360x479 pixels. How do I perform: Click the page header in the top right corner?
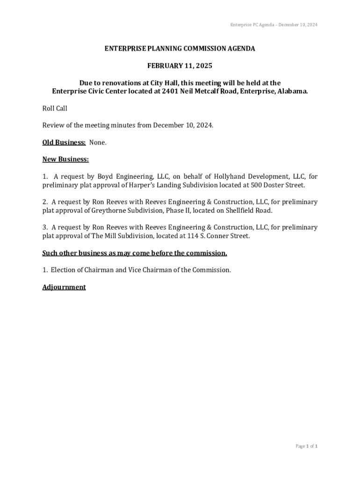pyautogui.click(x=274, y=24)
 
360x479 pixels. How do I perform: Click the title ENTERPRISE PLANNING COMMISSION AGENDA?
pyautogui.click(x=180, y=49)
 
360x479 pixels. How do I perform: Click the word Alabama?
pyautogui.click(x=293, y=91)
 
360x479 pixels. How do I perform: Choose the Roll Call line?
pyautogui.click(x=55, y=109)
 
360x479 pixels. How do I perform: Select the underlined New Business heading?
pyautogui.click(x=65, y=159)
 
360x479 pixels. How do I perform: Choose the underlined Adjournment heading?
pyautogui.click(x=64, y=287)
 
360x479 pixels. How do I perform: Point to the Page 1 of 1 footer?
pyautogui.click(x=306, y=446)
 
